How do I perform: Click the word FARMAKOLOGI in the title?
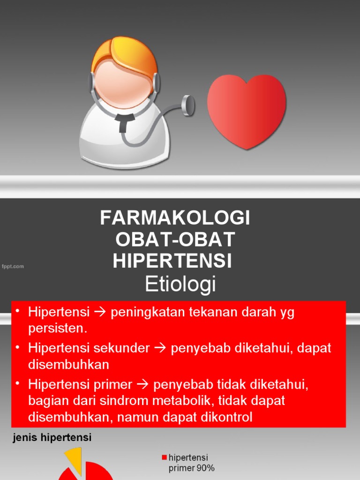coord(175,218)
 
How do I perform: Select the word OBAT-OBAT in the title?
coord(175,240)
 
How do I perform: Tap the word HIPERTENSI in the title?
coord(172,261)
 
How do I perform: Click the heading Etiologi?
coord(180,284)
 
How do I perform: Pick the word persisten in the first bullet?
coord(58,328)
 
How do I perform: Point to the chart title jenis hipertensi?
coord(51,438)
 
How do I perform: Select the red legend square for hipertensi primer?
coord(164,457)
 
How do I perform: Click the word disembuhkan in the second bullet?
coord(68,364)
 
